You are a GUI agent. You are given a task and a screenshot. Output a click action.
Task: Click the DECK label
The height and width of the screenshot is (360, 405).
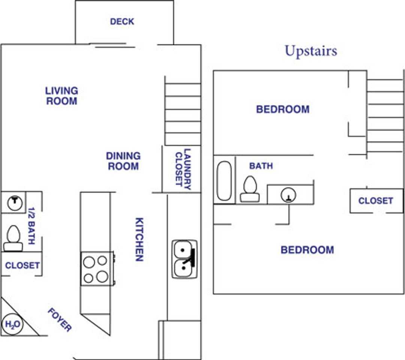point(122,22)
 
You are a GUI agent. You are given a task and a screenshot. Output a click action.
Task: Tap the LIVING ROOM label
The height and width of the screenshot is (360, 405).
point(61,96)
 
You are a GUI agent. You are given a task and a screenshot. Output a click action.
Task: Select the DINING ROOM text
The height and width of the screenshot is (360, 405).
point(123,161)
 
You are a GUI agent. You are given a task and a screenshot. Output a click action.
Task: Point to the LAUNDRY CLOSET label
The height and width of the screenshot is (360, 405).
point(183,169)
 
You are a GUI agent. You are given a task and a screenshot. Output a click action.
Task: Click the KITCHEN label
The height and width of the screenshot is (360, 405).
point(139,239)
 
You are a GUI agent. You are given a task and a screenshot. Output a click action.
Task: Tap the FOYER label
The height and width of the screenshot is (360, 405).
point(60,320)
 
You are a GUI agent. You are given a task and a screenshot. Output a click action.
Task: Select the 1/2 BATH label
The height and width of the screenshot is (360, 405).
point(31,225)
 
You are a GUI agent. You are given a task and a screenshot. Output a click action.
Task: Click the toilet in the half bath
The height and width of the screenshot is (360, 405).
point(13,238)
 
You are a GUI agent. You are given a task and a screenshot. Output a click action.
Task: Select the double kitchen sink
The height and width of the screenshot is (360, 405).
point(184,259)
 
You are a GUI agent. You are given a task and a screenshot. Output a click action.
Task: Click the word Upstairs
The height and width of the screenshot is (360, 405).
point(310,51)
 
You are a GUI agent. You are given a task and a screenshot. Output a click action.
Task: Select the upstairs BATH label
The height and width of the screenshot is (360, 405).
point(261,166)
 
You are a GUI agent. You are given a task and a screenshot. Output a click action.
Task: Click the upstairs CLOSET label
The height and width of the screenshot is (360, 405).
point(375,201)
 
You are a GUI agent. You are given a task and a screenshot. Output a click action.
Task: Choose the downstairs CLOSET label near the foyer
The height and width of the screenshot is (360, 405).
point(22,265)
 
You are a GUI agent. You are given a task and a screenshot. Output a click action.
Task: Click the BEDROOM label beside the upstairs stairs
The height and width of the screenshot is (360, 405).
point(283,109)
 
